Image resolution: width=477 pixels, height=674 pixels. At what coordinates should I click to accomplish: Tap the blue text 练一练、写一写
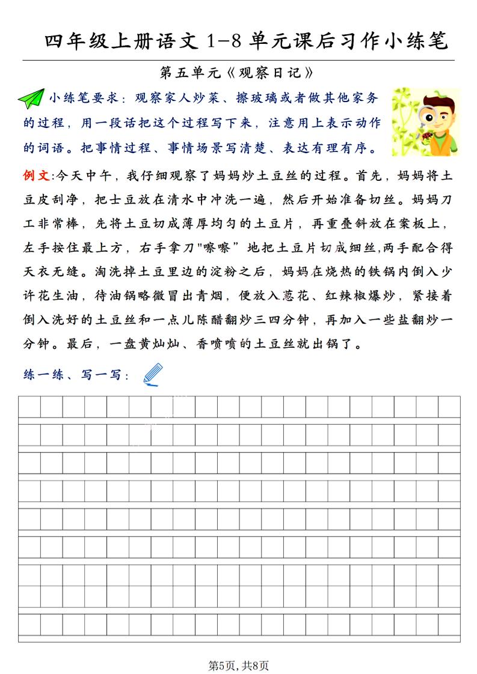(75, 375)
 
